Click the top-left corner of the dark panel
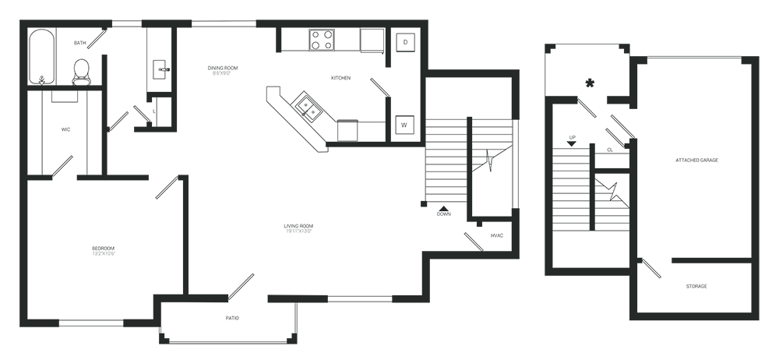pyautogui.click(x=20, y=20)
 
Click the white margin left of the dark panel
pyautogui.click(x=9, y=180)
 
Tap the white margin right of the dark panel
pyautogui.click(x=769, y=180)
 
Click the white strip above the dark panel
pyautogui.click(x=389, y=9)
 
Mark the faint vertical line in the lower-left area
pyautogui.click(x=185, y=234)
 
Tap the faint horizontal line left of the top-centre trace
pyautogui.click(x=362, y=143)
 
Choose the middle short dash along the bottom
pyautogui.click(x=296, y=298)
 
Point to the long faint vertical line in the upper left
pyautogui.click(x=106, y=117)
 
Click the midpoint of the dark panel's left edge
pyautogui.click(x=20, y=182)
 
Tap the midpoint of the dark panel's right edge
pyautogui.click(x=759, y=182)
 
